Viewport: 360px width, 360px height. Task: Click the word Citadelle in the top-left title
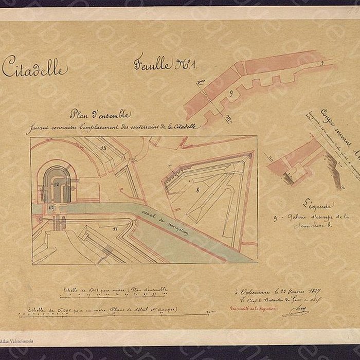coord(34,67)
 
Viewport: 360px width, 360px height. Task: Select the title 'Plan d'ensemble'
coord(101,115)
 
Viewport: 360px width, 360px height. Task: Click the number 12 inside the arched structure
coord(56,184)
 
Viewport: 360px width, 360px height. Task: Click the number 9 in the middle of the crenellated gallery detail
coord(231,93)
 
